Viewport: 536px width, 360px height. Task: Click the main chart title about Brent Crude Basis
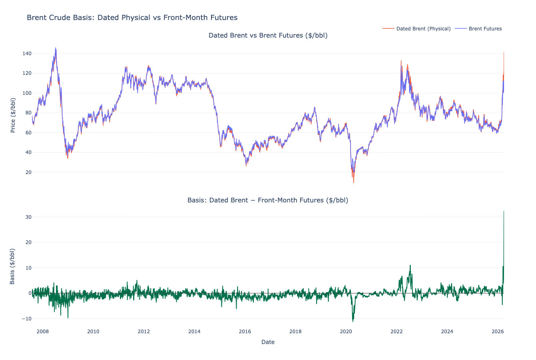pos(132,18)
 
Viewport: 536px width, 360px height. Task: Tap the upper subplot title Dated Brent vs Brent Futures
pos(268,36)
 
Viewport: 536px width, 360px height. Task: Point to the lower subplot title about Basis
pos(268,200)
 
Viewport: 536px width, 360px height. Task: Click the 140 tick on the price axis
pos(26,54)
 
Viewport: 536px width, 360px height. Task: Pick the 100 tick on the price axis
pos(26,93)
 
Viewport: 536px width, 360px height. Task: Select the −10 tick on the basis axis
pos(26,319)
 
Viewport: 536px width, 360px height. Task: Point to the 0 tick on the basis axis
pos(29,293)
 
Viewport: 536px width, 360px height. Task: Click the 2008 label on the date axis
pos(43,332)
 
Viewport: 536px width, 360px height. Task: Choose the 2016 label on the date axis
pos(245,332)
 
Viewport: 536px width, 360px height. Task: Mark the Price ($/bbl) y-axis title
pos(13,115)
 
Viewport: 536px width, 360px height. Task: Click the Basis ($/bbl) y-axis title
pos(12,266)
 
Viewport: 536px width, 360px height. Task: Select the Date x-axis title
pos(268,342)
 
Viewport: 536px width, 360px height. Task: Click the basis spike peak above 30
pos(504,211)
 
